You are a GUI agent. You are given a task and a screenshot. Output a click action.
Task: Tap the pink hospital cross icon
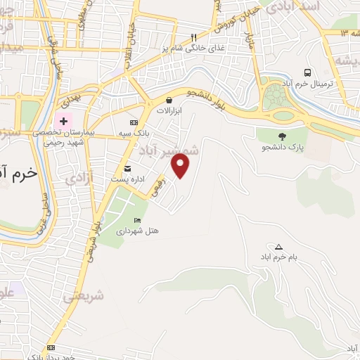tap(64, 121)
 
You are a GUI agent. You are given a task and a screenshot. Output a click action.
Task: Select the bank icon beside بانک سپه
tap(134, 123)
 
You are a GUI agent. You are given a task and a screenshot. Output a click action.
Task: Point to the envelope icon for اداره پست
tap(127, 168)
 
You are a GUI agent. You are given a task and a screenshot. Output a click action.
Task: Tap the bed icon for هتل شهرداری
tap(137, 220)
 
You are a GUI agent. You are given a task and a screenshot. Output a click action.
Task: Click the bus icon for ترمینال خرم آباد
tap(307, 72)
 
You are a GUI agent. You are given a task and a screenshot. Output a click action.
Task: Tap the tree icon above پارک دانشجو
tap(282, 136)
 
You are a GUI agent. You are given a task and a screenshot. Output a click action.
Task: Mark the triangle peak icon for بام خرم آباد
tap(278, 247)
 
